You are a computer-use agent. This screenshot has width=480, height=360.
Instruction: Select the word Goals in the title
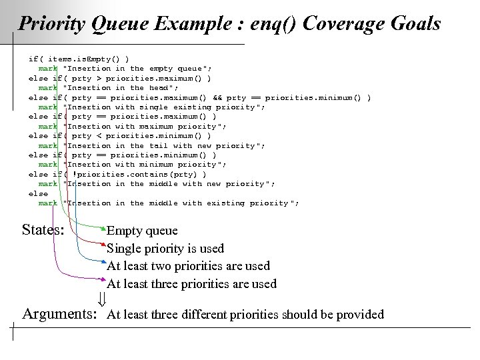point(415,24)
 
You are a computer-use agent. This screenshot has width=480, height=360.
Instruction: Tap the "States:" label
point(43,231)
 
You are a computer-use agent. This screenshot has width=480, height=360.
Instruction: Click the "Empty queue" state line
point(142,231)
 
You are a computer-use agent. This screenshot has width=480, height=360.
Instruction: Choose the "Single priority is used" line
point(165,249)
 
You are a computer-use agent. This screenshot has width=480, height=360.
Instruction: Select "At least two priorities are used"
point(188,266)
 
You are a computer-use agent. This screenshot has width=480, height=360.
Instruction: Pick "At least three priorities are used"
point(191,283)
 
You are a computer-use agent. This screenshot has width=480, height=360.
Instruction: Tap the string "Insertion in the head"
point(120,87)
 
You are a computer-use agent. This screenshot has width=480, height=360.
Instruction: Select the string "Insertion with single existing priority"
point(164,107)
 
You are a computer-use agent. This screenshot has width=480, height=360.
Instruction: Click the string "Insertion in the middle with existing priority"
point(180,203)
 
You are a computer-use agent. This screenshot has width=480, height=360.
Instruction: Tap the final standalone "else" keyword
point(37,193)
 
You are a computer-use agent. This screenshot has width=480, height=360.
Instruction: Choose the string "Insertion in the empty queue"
point(137,68)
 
